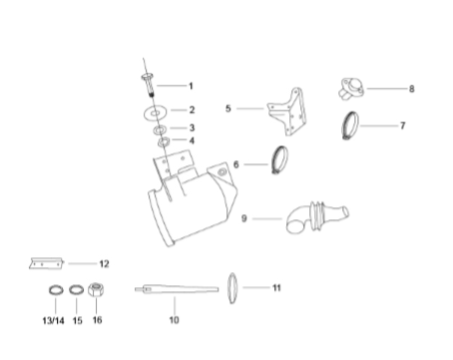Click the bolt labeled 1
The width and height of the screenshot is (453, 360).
point(149,85)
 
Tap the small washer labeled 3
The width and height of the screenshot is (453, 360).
point(161,130)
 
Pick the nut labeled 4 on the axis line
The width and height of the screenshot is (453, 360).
point(164,142)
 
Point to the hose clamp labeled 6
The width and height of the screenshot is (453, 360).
point(280,160)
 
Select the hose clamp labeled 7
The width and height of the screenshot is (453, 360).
point(350,125)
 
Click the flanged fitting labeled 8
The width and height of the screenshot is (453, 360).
point(351,88)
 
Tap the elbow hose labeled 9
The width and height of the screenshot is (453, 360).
point(316,216)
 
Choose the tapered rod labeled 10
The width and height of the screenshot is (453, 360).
point(177,289)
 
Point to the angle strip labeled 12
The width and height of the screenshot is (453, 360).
point(46,263)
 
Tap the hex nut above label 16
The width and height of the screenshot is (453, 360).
point(96,289)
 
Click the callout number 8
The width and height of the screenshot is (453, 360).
point(412,89)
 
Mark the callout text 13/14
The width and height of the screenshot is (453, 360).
point(53,320)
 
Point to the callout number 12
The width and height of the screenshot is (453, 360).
point(104,264)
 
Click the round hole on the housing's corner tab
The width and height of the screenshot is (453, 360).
point(222,173)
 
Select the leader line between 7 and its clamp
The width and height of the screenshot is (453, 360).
point(378,126)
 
